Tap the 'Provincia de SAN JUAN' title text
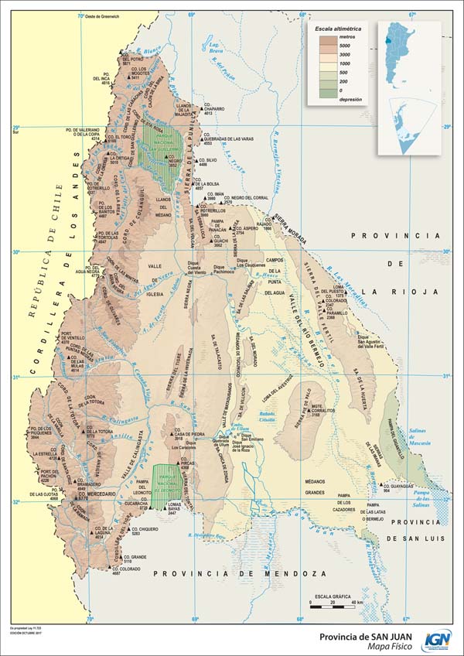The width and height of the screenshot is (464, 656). [x=364, y=636]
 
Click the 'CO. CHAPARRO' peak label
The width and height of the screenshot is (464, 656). [x=213, y=109]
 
